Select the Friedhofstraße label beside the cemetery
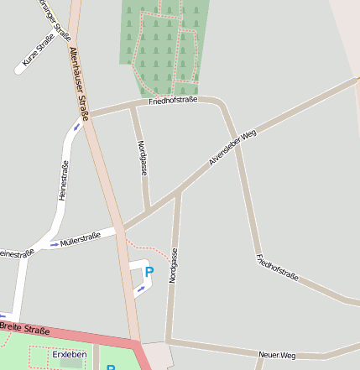pyautogui.click(x=172, y=100)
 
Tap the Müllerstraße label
pyautogui.click(x=81, y=238)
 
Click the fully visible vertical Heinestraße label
pyautogui.click(x=63, y=180)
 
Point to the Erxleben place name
pyautogui.click(x=69, y=355)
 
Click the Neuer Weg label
pyautogui.click(x=277, y=356)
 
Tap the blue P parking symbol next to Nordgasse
pyautogui.click(x=149, y=272)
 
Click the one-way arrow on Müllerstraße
pyautogui.click(x=55, y=244)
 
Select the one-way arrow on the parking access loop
pyautogui.click(x=140, y=289)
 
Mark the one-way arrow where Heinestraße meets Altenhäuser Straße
pyautogui.click(x=77, y=127)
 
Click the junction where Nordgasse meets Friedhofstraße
pyautogui.click(x=133, y=106)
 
